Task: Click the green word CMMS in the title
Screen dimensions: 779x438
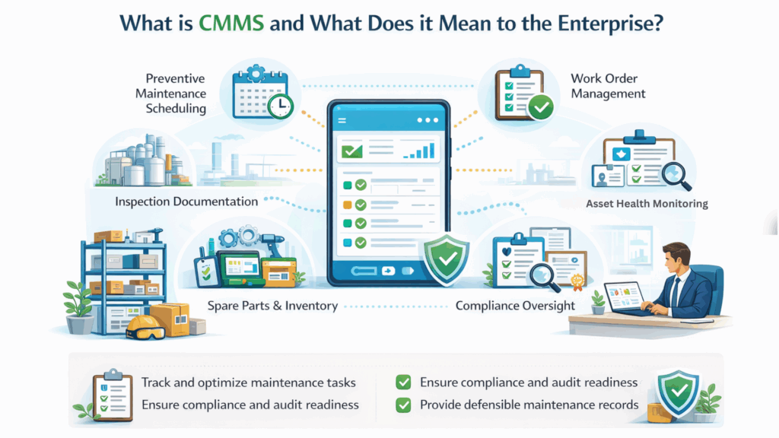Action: (x=231, y=24)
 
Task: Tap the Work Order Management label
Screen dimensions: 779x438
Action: (x=608, y=86)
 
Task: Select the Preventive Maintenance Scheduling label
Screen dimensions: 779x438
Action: (x=170, y=94)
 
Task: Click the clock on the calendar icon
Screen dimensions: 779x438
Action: (x=280, y=105)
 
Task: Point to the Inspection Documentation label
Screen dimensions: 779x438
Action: (x=186, y=201)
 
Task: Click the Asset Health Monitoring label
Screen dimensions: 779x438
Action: (x=647, y=204)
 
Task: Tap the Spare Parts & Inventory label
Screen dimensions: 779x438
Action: (x=272, y=306)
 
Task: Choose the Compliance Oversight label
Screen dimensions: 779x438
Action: (x=515, y=306)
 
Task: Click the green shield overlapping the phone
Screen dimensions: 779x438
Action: (x=446, y=259)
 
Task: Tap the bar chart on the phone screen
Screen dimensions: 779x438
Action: (x=419, y=150)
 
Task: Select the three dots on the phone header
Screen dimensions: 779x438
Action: (x=428, y=120)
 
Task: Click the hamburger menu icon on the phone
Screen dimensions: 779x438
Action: (x=342, y=121)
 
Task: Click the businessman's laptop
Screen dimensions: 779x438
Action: (x=624, y=298)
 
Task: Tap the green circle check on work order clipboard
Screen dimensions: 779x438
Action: (x=541, y=106)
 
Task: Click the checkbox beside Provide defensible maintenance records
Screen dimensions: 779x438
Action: (x=403, y=405)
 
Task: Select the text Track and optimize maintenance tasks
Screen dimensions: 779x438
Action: (x=249, y=382)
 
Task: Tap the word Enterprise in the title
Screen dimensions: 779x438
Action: (x=610, y=24)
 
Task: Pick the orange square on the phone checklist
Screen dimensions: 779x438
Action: (x=347, y=205)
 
